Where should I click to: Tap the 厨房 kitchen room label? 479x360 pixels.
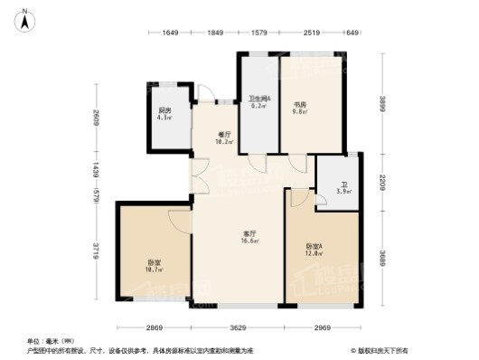click(164, 112)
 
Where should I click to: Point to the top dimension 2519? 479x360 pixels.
click(312, 33)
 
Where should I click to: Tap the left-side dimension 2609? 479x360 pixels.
click(96, 117)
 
